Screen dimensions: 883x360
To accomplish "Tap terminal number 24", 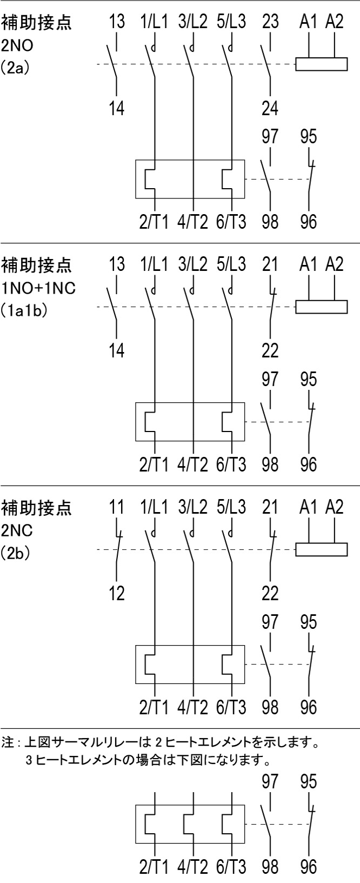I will [x=270, y=108].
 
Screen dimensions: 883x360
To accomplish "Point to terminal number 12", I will [x=117, y=594].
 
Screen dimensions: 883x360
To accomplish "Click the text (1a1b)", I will [x=25, y=312].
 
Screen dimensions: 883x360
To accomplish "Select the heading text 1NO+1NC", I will [x=38, y=288].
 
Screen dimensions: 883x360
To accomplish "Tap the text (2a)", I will [x=15, y=70].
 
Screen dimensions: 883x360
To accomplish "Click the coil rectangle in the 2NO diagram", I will [x=321, y=64].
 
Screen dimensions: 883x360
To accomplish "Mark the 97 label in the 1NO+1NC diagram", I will [x=270, y=379].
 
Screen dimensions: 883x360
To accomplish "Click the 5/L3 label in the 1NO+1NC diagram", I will [x=231, y=264].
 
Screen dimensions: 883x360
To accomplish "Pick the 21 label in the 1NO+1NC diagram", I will [x=270, y=264].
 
